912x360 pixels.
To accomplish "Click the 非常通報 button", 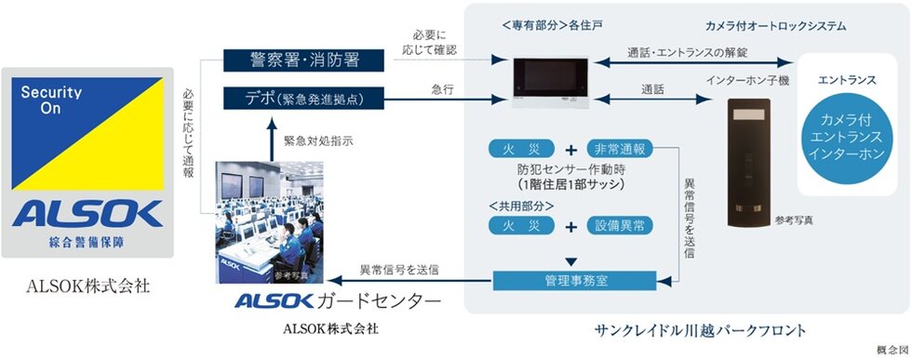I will click(621, 150).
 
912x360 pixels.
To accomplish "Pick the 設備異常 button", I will click(621, 226).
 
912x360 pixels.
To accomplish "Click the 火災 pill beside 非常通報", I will click(523, 150).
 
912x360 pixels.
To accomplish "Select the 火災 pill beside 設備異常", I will click(523, 226).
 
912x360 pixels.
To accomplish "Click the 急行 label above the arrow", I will click(443, 89).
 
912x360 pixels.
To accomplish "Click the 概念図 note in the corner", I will click(891, 350).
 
